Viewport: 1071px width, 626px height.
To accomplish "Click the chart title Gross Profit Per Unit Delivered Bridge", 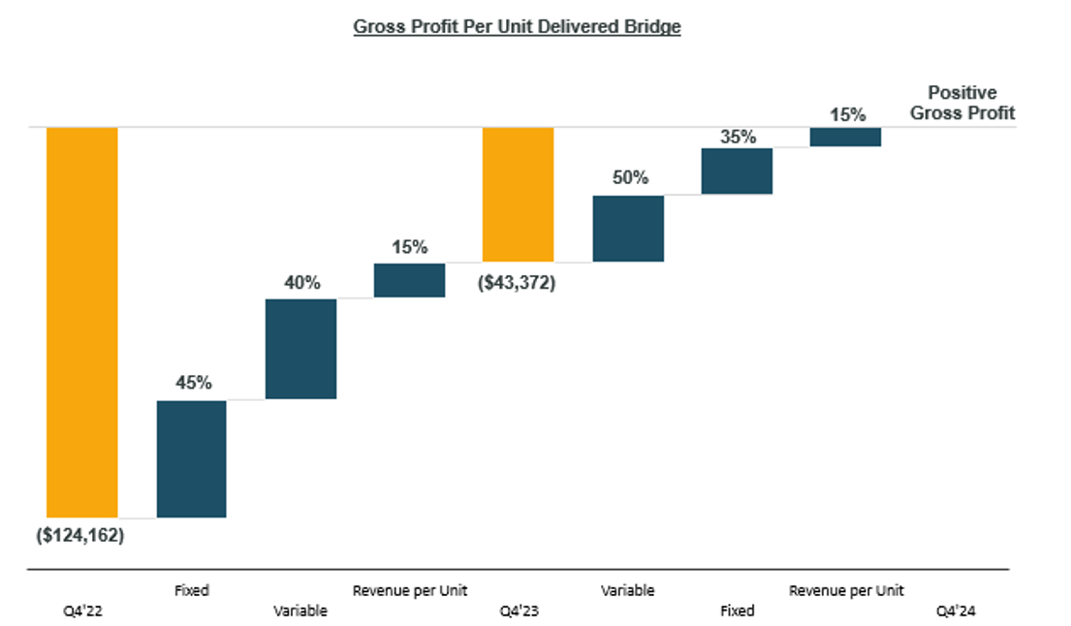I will (x=517, y=27).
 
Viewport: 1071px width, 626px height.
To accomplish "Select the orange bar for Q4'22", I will (x=82, y=321).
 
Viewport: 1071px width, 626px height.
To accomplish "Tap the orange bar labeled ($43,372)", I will (x=519, y=194).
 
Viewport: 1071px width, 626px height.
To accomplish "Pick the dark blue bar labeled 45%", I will (x=192, y=458).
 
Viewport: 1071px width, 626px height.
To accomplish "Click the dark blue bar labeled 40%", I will (x=300, y=348).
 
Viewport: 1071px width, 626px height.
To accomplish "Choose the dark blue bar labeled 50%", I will (x=628, y=229).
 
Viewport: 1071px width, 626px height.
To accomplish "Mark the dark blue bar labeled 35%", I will (x=737, y=171).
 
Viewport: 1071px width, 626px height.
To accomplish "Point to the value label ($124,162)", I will (x=82, y=534).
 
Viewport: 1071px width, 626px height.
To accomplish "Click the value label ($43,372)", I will (x=517, y=285).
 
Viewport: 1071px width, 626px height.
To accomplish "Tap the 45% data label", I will (x=193, y=383).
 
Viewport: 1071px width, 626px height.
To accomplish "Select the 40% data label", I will (x=300, y=282).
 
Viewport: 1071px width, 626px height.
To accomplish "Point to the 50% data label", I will (x=629, y=178).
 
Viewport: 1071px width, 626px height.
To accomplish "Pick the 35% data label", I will (x=738, y=137).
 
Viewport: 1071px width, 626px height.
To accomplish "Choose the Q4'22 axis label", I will (x=81, y=611).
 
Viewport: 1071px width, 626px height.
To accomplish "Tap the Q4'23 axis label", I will (x=518, y=611).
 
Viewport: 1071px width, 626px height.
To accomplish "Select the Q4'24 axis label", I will (x=955, y=611).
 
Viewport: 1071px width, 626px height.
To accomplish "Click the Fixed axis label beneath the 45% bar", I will (x=191, y=590).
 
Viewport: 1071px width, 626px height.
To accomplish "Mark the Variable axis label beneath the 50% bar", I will (x=627, y=590).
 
